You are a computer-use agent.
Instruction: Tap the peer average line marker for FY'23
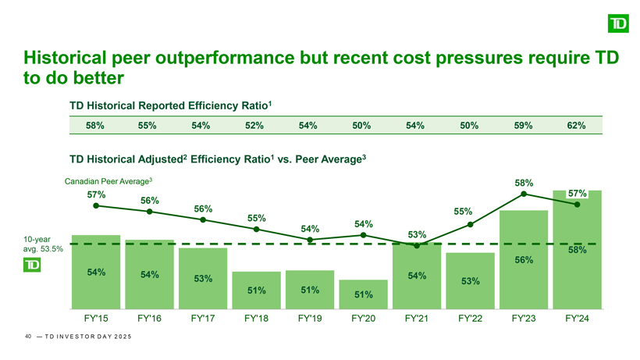click(x=524, y=194)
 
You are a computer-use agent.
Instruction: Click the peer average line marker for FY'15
click(x=95, y=206)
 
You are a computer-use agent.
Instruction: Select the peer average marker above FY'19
click(x=310, y=240)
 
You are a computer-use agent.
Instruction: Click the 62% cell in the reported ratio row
click(x=577, y=125)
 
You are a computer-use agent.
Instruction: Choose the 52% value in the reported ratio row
click(x=256, y=125)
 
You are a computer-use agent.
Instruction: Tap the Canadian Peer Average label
click(x=108, y=182)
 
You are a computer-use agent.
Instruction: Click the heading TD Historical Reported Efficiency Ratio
click(x=169, y=104)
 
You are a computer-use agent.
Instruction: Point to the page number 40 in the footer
click(x=28, y=337)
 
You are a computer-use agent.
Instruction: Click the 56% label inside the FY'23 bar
click(x=524, y=260)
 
